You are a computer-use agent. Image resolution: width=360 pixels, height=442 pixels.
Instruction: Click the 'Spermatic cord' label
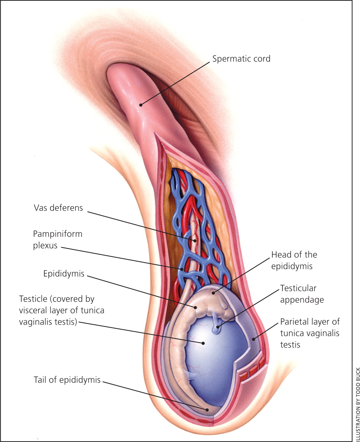pyautogui.click(x=241, y=59)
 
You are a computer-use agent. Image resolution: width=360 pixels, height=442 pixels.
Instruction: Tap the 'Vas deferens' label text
pyautogui.click(x=58, y=208)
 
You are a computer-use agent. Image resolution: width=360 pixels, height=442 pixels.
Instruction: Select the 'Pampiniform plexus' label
pyautogui.click(x=57, y=240)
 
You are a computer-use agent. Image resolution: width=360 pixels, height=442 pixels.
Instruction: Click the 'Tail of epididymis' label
pyautogui.click(x=67, y=380)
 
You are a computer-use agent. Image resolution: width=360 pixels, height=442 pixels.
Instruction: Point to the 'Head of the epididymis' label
pyautogui.click(x=294, y=260)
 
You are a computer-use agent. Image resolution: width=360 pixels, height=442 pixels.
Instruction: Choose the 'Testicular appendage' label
pyautogui.click(x=302, y=294)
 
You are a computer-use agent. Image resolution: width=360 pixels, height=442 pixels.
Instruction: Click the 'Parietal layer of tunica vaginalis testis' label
pyautogui.click(x=310, y=333)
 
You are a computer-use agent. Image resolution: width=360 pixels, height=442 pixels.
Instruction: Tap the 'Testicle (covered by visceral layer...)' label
pyautogui.click(x=61, y=310)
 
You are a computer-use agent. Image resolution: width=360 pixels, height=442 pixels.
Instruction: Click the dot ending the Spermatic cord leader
pyautogui.click(x=141, y=105)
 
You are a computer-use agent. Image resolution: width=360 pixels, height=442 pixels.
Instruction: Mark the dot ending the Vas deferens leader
pyautogui.click(x=195, y=241)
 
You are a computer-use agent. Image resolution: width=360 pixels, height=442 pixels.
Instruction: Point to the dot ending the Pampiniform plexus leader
pyautogui.click(x=182, y=269)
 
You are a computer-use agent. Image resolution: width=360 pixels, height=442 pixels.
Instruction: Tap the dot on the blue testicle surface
pyautogui.click(x=203, y=343)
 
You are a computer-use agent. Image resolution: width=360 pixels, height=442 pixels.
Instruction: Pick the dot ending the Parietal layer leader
pyautogui.click(x=253, y=339)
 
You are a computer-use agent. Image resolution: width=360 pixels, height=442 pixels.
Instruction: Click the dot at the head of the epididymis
pyautogui.click(x=214, y=293)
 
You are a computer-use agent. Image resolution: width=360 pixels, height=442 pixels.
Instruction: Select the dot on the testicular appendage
pyautogui.click(x=218, y=327)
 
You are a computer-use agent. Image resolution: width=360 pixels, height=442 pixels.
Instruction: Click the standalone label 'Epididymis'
pyautogui.click(x=64, y=274)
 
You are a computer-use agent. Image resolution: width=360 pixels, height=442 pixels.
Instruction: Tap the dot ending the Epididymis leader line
pyautogui.click(x=195, y=307)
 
